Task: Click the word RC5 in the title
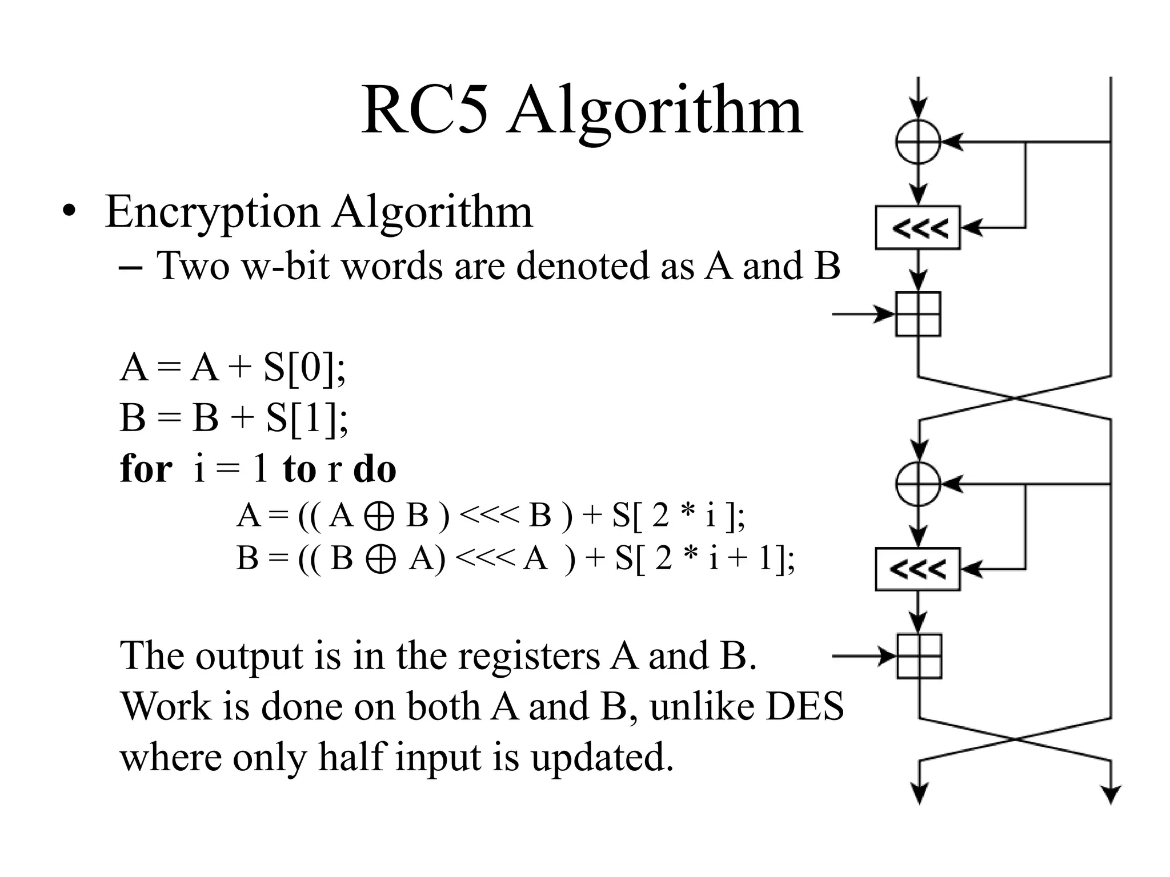coord(425,110)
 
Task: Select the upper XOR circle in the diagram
coord(917,142)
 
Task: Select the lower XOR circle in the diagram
coord(917,484)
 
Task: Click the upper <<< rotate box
coord(917,228)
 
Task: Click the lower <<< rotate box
coord(917,569)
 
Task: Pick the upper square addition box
coord(918,314)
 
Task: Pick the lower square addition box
coord(919,656)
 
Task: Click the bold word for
coord(146,469)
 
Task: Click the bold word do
coord(375,469)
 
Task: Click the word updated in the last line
coord(602,757)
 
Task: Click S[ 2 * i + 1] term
coord(703,558)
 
